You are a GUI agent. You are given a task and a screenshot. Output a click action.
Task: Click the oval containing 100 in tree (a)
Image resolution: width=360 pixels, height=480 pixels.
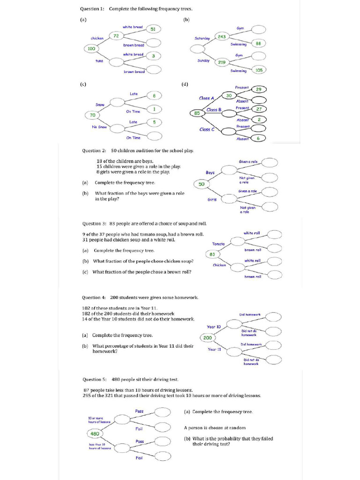pyautogui.click(x=91, y=48)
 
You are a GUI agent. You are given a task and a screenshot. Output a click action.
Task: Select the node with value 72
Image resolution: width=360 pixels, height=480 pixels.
pyautogui.click(x=116, y=36)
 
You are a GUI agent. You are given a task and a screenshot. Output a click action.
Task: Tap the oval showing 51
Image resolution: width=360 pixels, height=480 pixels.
pyautogui.click(x=153, y=29)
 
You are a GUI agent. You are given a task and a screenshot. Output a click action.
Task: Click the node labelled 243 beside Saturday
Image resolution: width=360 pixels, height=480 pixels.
pyautogui.click(x=222, y=37)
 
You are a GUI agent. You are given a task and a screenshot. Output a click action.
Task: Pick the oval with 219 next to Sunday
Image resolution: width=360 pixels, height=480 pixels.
pyautogui.click(x=222, y=62)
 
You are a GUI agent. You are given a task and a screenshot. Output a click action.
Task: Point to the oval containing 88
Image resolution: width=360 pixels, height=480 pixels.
pyautogui.click(x=258, y=43)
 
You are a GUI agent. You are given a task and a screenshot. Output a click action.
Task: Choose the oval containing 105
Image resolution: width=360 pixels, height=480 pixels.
pyautogui.click(x=259, y=70)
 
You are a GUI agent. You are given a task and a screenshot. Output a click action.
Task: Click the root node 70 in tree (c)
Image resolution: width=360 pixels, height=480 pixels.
pyautogui.click(x=92, y=115)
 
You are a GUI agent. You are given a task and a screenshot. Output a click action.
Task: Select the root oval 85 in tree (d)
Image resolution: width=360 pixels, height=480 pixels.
pyautogui.click(x=197, y=113)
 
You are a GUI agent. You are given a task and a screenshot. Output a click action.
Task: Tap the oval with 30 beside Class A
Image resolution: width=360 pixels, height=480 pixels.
pyautogui.click(x=229, y=96)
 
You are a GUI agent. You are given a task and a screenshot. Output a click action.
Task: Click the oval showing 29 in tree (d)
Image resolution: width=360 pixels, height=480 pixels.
pyautogui.click(x=258, y=89)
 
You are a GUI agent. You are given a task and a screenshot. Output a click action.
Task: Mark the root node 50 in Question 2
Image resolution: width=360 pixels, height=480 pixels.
pyautogui.click(x=201, y=184)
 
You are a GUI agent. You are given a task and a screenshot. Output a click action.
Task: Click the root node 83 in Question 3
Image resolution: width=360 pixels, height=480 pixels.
pyautogui.click(x=212, y=254)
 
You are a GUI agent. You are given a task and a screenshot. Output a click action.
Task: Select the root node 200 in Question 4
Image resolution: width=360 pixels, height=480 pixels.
pyautogui.click(x=208, y=337)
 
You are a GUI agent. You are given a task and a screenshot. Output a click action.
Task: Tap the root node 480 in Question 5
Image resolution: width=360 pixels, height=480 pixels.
pyautogui.click(x=95, y=434)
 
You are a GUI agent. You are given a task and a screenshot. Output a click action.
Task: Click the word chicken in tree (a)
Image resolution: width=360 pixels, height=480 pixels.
pyautogui.click(x=97, y=38)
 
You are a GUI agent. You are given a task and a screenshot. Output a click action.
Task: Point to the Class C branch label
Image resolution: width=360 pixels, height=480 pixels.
pyautogui.click(x=207, y=129)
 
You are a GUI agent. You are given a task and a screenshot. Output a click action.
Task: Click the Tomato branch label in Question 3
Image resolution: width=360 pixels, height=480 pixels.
pyautogui.click(x=218, y=244)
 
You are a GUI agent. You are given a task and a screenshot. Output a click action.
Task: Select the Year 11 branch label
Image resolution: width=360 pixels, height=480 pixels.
pyautogui.click(x=214, y=349)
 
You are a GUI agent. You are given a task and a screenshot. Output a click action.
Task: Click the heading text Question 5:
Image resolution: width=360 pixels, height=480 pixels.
pyautogui.click(x=94, y=379)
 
